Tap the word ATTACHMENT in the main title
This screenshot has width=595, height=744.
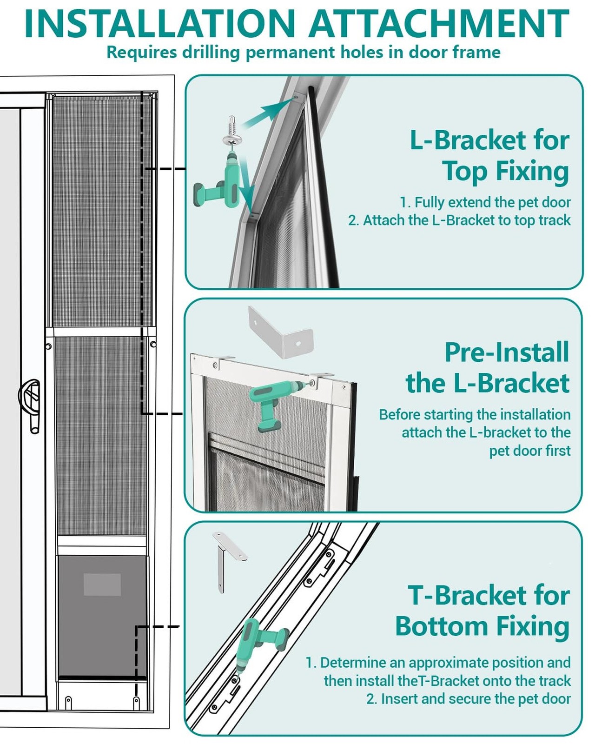439,23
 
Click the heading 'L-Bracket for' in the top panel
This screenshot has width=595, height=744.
489,140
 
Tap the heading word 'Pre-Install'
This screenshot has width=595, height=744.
507,352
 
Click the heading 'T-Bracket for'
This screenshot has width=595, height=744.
488,596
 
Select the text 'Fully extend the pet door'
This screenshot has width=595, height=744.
492,202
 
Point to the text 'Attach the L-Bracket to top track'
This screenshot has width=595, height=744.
466,220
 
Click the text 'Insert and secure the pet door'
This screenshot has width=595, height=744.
476,699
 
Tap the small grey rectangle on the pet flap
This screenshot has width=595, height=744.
102,584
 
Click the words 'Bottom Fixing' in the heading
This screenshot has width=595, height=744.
483,626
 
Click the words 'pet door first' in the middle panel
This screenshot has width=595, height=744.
529,451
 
